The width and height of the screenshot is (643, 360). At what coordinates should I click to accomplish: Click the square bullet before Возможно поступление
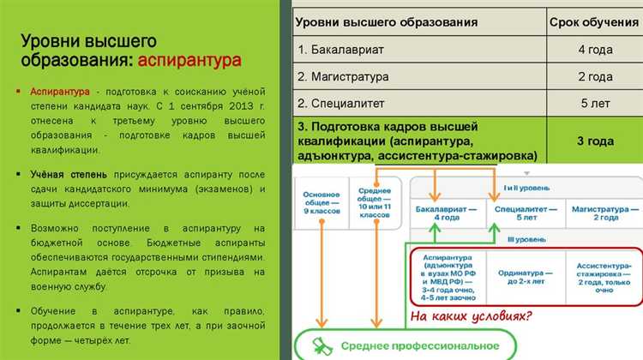tap(19, 230)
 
